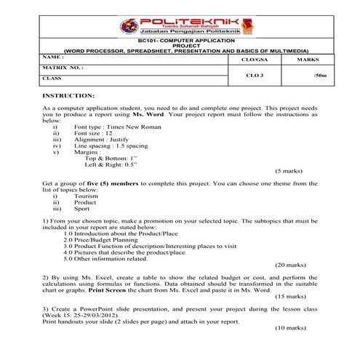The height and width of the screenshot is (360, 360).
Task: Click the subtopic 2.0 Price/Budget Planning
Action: pos(101,239)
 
